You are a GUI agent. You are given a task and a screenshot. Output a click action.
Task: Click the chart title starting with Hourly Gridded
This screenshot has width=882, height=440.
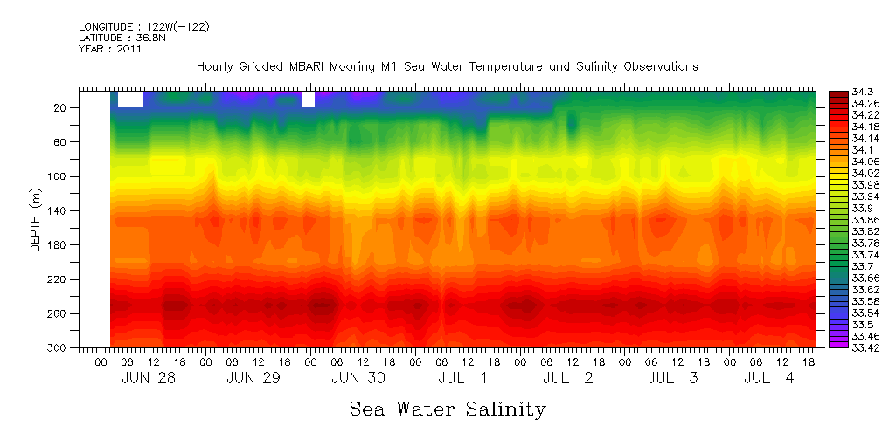[x=447, y=66]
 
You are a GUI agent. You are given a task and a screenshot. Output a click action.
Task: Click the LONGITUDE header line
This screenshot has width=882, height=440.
[x=144, y=27]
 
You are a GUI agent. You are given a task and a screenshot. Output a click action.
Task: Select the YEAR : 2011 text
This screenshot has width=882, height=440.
[x=110, y=49]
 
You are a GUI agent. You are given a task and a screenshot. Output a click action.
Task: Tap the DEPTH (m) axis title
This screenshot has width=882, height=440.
[x=36, y=220]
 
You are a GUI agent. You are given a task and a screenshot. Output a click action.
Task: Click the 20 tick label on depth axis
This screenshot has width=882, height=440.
[x=61, y=107]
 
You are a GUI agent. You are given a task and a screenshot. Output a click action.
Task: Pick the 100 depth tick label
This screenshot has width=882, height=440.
[x=59, y=176]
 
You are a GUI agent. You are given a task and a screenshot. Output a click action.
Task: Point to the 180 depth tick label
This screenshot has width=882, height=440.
[x=59, y=245]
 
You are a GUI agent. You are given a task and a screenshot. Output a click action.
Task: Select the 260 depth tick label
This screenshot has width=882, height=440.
[x=59, y=313]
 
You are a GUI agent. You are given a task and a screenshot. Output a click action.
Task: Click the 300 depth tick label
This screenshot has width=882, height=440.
[x=59, y=348]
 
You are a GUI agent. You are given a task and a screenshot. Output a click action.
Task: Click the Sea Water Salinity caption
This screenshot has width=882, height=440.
[x=447, y=409]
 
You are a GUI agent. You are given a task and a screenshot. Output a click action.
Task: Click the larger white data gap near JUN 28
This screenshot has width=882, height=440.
[x=130, y=100]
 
